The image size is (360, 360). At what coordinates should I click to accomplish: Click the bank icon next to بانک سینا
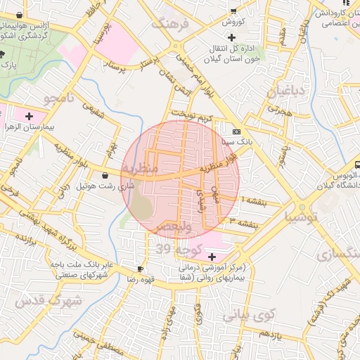[236, 131]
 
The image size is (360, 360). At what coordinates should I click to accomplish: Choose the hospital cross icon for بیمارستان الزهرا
[29, 116]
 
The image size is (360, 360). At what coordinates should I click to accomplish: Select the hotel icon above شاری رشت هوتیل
[105, 175]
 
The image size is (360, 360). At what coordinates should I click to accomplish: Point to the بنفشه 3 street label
[243, 222]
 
